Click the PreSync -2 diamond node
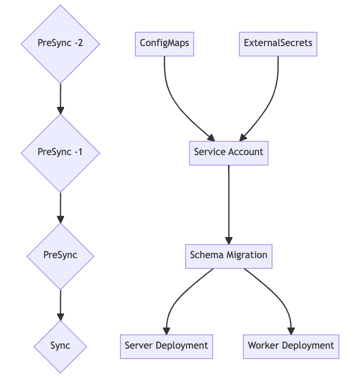coord(60,44)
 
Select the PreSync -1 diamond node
coord(60,152)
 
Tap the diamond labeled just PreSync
coord(60,255)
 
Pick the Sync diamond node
coord(60,346)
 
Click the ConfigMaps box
coord(165,43)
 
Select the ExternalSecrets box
coord(278,43)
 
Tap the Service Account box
coord(229,152)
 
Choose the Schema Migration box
coord(229,255)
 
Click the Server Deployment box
coord(166,346)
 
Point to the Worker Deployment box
coord(291,346)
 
